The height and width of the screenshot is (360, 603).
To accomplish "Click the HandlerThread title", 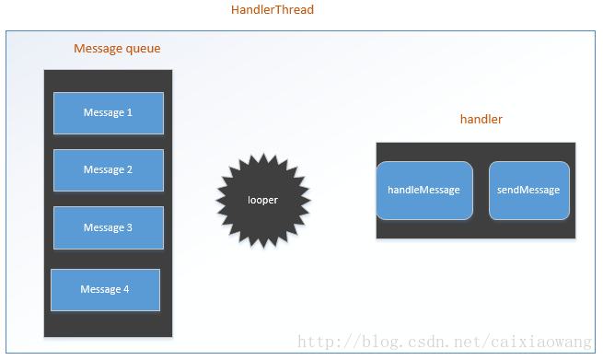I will tap(272, 10).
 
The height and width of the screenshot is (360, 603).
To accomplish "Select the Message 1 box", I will tap(109, 113).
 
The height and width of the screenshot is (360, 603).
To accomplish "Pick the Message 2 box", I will tap(109, 170).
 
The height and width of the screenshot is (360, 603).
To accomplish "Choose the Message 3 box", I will tap(109, 227).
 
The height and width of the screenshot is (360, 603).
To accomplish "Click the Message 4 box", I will tap(105, 290).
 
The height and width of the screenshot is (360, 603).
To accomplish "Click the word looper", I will tap(262, 199).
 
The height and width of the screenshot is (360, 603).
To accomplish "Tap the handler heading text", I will tap(481, 120).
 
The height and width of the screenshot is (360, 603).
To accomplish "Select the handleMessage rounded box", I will tap(424, 191).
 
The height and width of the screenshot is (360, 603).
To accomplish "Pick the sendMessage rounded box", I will tap(528, 191).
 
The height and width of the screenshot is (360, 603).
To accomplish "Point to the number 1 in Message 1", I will tap(130, 113).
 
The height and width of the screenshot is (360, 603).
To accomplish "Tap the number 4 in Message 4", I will tap(126, 290).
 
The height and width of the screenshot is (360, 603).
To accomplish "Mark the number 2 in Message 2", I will tap(130, 170).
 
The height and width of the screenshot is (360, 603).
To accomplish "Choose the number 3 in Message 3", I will tap(130, 227).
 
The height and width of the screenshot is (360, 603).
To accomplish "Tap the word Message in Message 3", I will tap(103, 227).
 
